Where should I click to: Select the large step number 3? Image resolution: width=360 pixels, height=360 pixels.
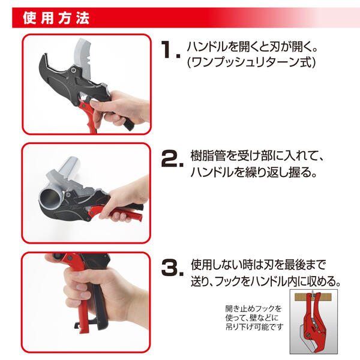(x=172, y=268)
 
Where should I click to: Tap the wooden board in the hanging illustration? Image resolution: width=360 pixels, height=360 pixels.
(x=314, y=298)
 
